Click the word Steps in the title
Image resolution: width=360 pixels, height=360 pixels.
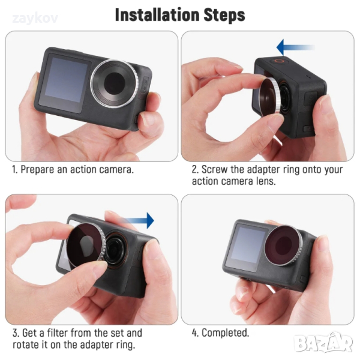click(225, 16)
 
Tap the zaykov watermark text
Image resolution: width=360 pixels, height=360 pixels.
click(35, 19)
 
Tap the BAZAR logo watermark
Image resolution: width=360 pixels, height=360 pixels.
click(324, 343)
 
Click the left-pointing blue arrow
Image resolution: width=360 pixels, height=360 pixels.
click(295, 47)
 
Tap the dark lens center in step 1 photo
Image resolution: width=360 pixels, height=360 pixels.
click(115, 83)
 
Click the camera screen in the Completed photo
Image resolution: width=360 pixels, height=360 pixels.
click(248, 245)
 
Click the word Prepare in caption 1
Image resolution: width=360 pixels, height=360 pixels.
click(37, 170)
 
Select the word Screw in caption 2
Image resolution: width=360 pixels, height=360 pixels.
click(215, 170)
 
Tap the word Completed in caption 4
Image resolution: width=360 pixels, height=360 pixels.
click(225, 333)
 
